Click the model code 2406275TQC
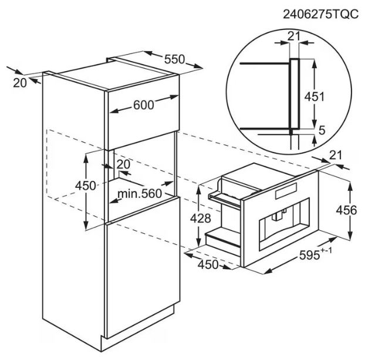click(320, 14)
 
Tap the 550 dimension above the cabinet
click(175, 59)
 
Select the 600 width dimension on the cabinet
click(144, 105)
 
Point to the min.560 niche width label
click(140, 194)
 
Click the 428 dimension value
click(201, 218)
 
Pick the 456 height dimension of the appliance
click(346, 210)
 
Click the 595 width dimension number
click(309, 255)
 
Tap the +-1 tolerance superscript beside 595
click(326, 251)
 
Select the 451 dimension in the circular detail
click(315, 97)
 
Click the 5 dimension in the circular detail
click(322, 130)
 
